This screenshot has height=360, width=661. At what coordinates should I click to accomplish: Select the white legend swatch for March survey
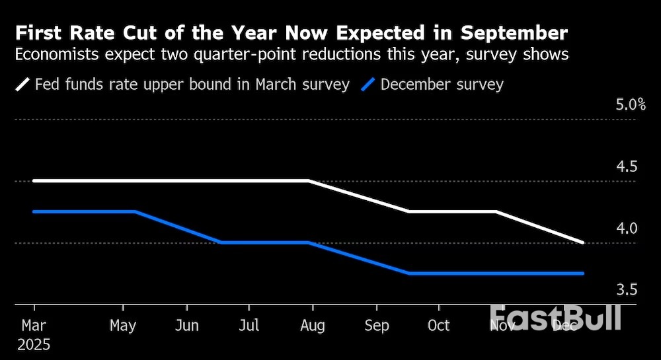[22, 85]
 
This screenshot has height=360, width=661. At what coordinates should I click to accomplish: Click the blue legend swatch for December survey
[369, 85]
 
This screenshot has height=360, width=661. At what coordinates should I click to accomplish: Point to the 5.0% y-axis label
[630, 105]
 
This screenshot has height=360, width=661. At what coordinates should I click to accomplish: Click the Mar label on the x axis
[34, 326]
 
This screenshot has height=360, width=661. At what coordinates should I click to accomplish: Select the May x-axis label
[123, 326]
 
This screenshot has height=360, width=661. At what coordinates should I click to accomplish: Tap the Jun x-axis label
[187, 326]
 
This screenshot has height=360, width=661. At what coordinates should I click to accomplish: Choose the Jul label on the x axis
[249, 326]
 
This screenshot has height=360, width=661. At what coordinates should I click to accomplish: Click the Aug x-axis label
[312, 326]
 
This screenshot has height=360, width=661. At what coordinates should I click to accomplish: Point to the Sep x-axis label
[377, 326]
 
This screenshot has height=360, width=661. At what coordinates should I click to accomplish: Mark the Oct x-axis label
[438, 326]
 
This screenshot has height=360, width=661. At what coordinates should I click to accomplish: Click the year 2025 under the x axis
[34, 345]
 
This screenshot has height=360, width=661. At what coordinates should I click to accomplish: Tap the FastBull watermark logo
[555, 318]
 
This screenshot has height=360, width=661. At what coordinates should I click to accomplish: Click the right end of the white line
[582, 242]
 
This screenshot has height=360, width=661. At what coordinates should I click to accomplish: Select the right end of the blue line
[582, 273]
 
